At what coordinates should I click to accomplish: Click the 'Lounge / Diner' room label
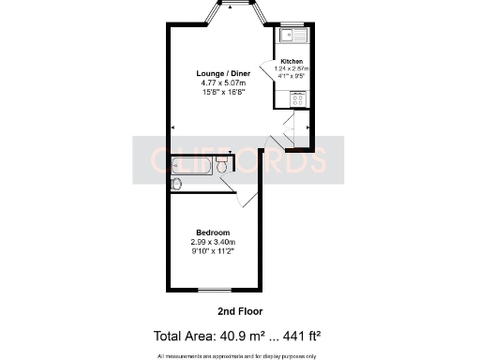click(x=223, y=73)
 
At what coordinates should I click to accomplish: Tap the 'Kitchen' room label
click(x=292, y=60)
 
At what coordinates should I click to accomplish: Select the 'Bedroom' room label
click(x=213, y=232)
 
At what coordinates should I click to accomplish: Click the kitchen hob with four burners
click(x=298, y=97)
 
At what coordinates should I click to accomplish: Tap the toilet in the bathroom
click(x=221, y=167)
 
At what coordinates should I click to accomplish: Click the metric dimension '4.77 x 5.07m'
click(x=223, y=83)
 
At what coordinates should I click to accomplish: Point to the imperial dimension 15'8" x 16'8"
click(x=223, y=93)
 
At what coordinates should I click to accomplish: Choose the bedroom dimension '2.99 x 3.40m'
click(x=213, y=242)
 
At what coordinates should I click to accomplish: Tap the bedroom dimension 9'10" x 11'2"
click(x=213, y=251)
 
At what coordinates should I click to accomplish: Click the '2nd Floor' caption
click(x=239, y=310)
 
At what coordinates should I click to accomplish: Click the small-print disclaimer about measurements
click(x=239, y=355)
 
